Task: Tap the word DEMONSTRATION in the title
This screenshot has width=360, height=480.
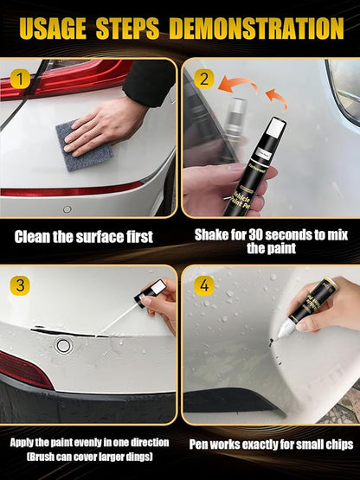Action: click(257, 28)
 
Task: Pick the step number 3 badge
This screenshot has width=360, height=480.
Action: click(19, 284)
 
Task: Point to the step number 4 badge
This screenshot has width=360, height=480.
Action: click(202, 284)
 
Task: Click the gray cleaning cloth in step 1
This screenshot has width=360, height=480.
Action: click(83, 144)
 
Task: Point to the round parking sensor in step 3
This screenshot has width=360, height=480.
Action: click(63, 345)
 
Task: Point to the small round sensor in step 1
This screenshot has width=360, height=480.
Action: click(67, 208)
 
